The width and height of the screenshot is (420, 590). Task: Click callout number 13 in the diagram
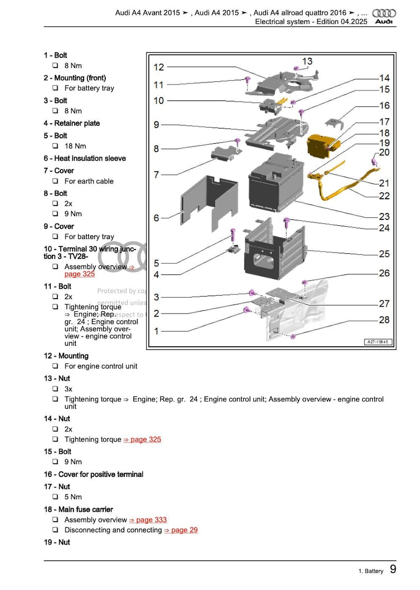307,62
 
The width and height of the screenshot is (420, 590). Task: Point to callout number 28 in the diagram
384,320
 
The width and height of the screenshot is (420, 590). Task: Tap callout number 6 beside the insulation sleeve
157,218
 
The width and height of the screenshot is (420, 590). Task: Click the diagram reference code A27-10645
377,342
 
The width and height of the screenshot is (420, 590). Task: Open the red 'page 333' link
148,520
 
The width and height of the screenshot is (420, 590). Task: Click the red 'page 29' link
181,530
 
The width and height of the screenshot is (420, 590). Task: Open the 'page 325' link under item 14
142,439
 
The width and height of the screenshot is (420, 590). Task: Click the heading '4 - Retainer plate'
71,123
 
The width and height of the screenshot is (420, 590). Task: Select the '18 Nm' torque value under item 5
75,146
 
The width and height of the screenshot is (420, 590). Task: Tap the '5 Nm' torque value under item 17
73,497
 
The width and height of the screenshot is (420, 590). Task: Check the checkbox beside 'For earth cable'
55,181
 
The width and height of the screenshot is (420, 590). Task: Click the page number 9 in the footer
393,569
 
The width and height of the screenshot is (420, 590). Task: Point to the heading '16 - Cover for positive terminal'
94,474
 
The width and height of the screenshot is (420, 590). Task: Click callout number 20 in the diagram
384,152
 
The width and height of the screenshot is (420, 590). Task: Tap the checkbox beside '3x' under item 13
55,389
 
